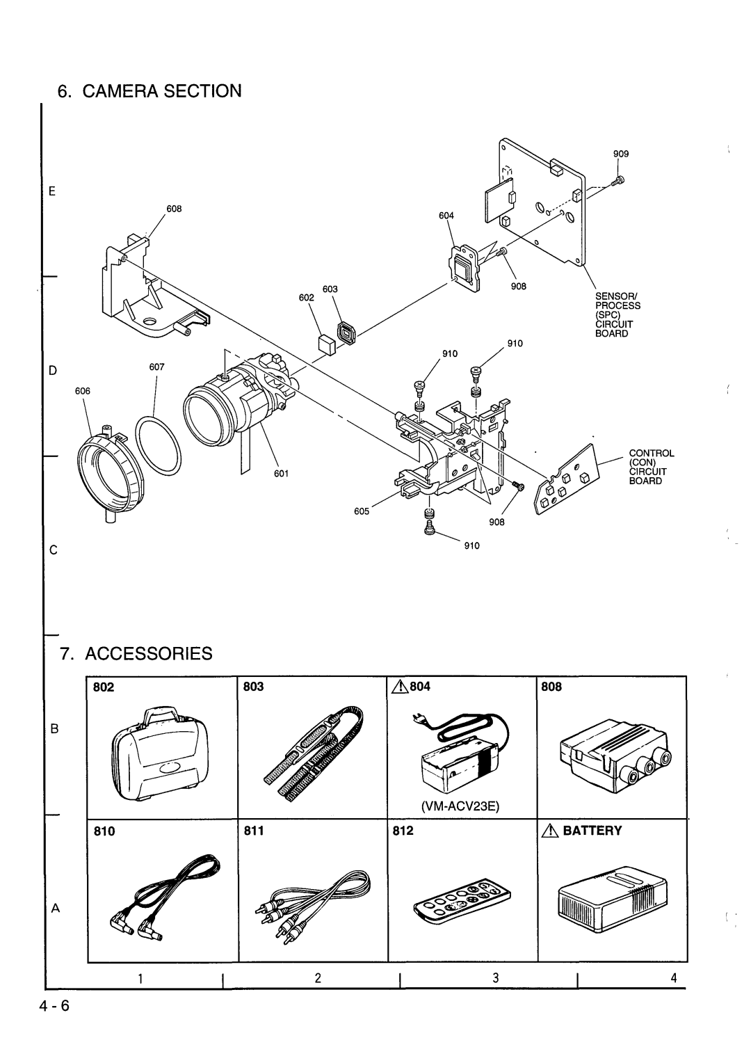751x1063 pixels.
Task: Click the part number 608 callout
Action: click(x=174, y=209)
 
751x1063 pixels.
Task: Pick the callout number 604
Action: click(x=446, y=216)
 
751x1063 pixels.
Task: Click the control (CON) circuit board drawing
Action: click(x=567, y=479)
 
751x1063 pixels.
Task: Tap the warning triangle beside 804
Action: click(x=400, y=687)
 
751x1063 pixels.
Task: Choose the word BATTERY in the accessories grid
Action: click(x=592, y=831)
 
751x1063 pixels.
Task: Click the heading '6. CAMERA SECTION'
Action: click(x=150, y=90)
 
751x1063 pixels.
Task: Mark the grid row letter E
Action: click(x=52, y=191)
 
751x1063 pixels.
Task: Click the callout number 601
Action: click(x=282, y=474)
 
